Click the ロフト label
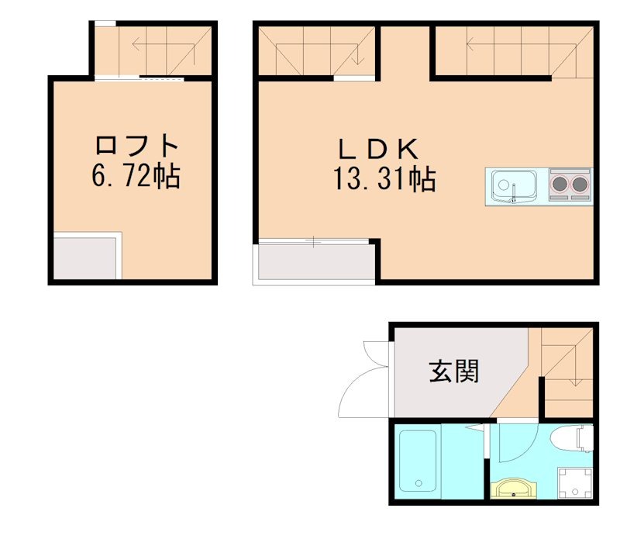(x=137, y=146)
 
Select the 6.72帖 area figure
(x=136, y=177)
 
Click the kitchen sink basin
(x=512, y=186)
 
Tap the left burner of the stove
(x=559, y=185)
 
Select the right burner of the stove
(x=578, y=185)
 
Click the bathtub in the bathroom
(x=418, y=463)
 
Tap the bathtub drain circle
(x=418, y=484)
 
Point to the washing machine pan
(x=576, y=482)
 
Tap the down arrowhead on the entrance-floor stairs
(x=575, y=382)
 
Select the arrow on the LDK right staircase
(x=504, y=43)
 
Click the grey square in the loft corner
(x=86, y=257)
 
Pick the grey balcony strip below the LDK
(x=314, y=263)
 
